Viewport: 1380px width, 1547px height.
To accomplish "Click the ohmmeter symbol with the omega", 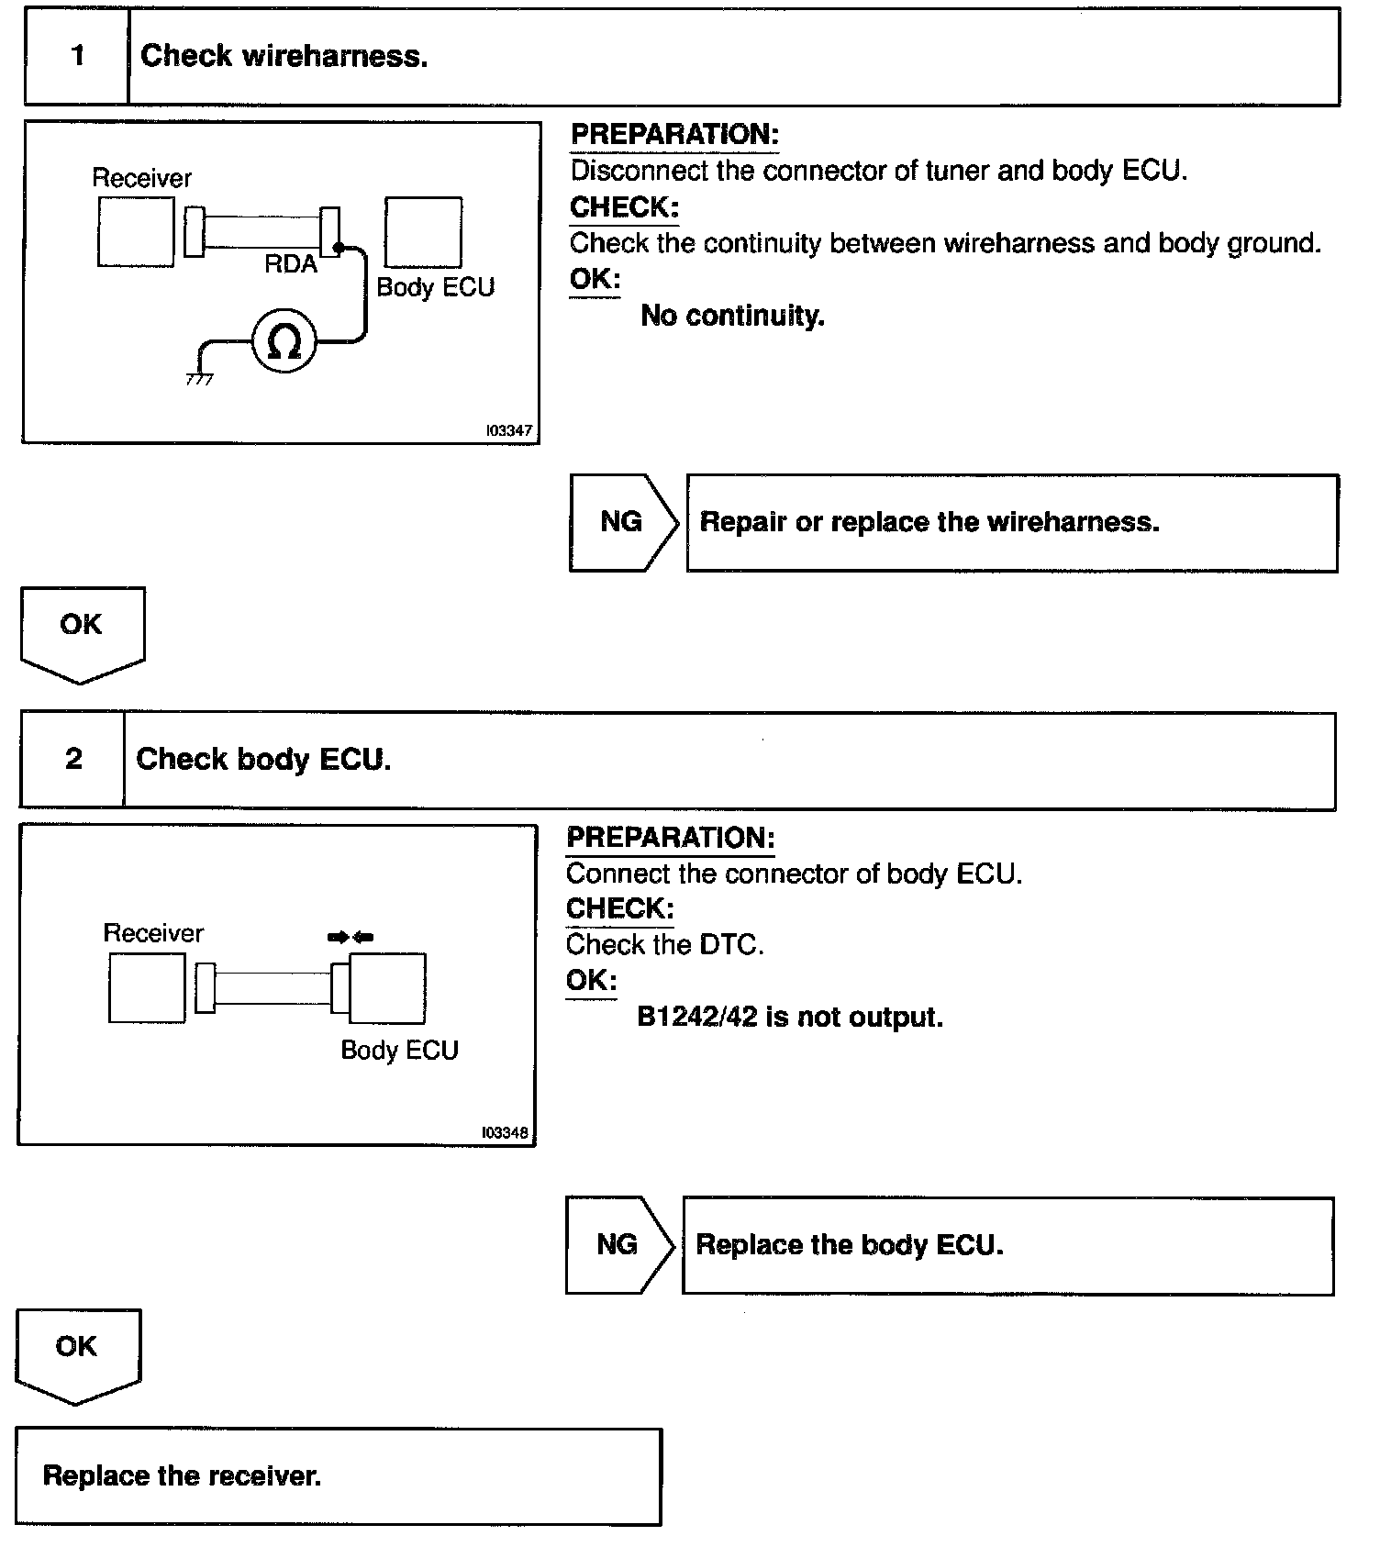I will click(284, 341).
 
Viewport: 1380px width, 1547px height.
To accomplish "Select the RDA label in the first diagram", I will click(291, 264).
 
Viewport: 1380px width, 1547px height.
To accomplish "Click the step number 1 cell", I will click(77, 56).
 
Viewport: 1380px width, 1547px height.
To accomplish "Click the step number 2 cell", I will click(73, 759).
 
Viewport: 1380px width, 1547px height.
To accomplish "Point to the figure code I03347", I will click(508, 430).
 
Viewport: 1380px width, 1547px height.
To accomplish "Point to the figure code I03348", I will click(505, 1132).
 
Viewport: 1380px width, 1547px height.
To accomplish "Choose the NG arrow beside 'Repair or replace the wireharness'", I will click(622, 522).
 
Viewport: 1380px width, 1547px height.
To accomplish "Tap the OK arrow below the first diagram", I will click(82, 631).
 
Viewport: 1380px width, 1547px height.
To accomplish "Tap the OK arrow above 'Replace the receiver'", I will click(77, 1352).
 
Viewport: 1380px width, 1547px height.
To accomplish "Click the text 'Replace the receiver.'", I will click(182, 1475).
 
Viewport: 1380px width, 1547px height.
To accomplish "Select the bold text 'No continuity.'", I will click(732, 316).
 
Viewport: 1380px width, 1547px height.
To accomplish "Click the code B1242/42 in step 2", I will click(696, 1017).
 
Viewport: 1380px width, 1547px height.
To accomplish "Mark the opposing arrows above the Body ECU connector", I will click(351, 937).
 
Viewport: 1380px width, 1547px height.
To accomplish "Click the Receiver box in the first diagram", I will click(136, 233).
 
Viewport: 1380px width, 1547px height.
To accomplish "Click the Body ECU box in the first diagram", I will click(423, 232).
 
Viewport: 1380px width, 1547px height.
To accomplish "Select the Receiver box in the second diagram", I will click(147, 988).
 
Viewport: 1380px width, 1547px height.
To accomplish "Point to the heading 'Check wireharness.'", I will click(284, 56).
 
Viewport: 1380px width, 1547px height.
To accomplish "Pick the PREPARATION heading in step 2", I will click(671, 837).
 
